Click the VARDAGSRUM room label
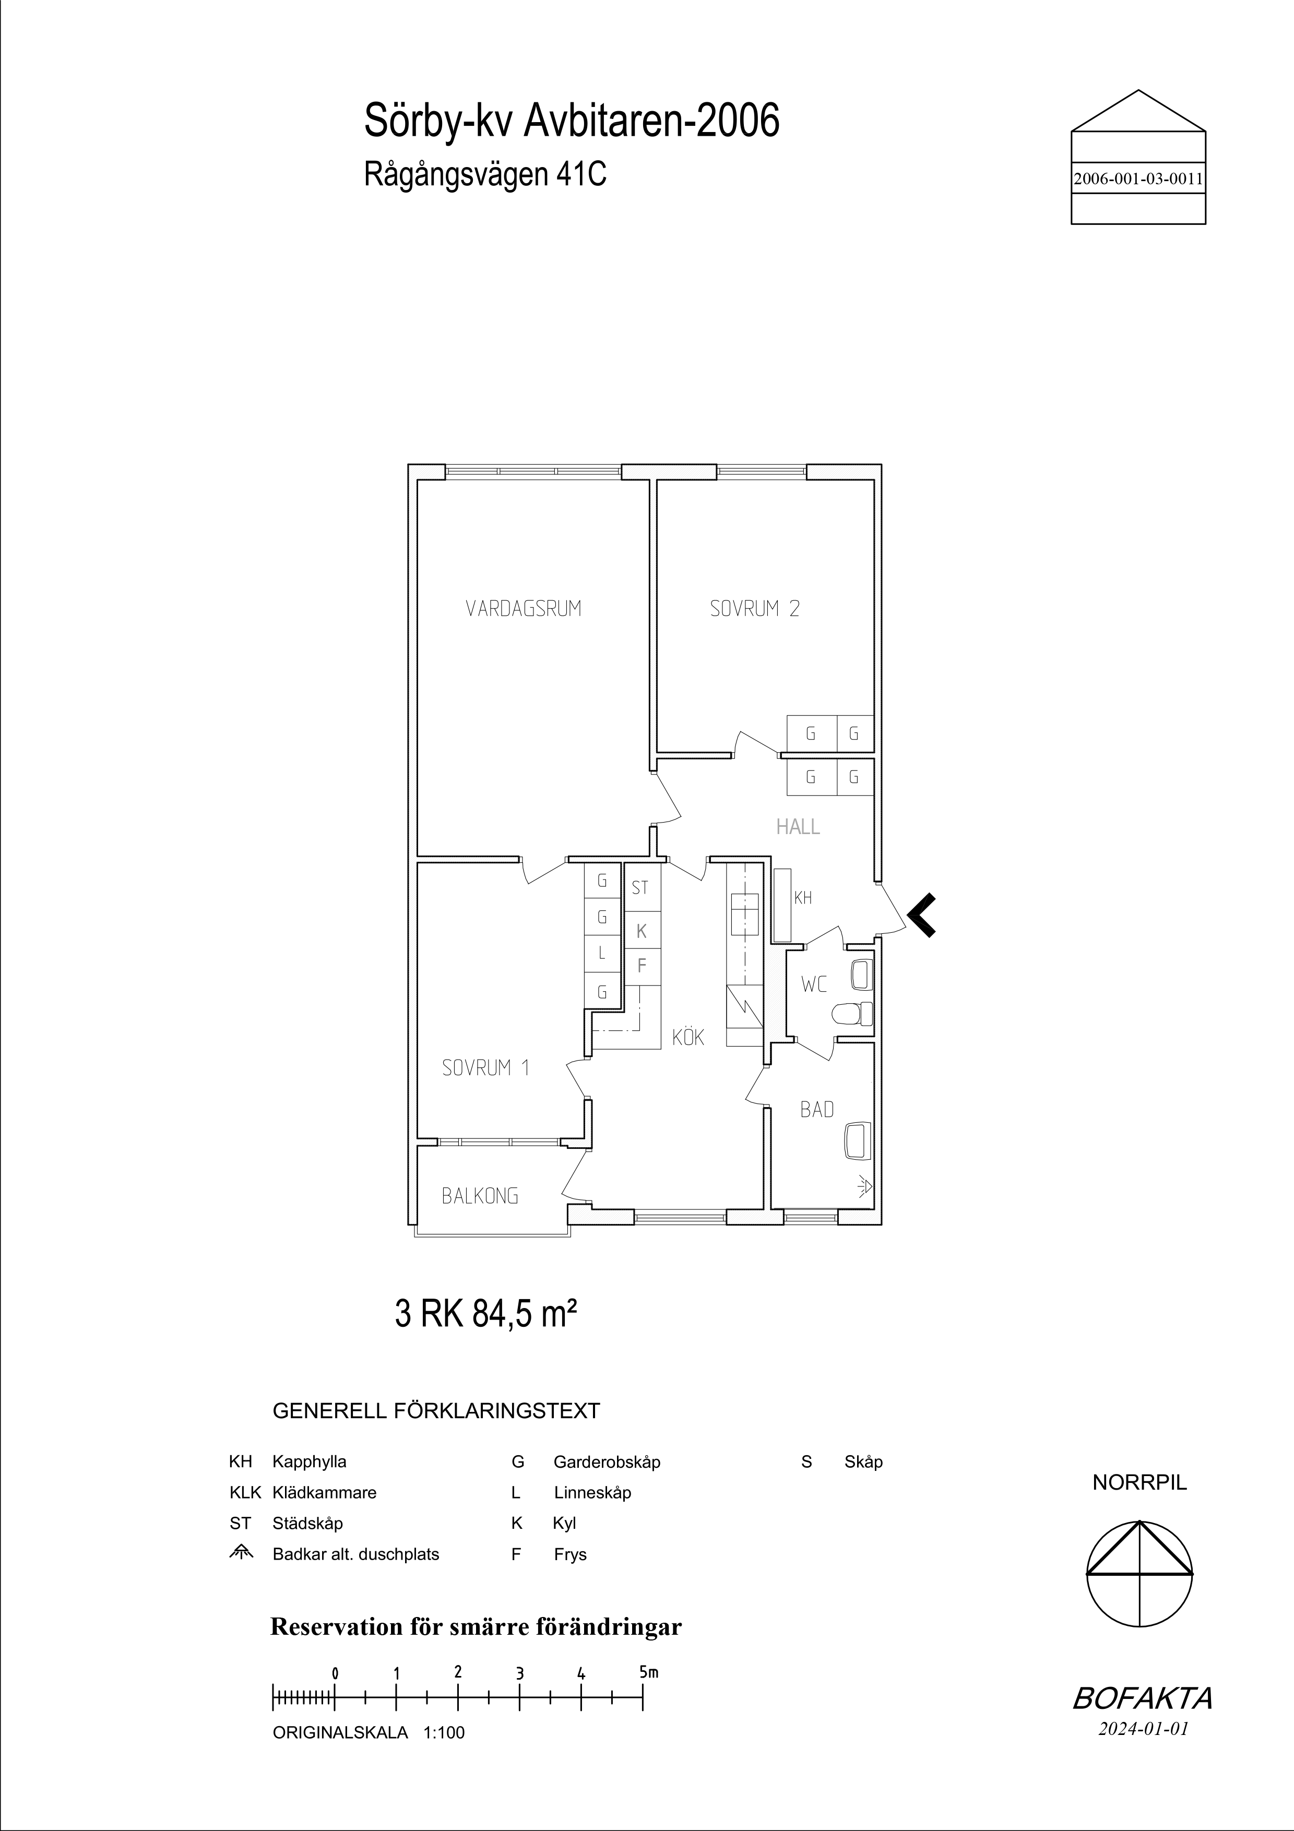(x=523, y=609)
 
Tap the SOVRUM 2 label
(x=754, y=609)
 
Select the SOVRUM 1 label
(x=485, y=1068)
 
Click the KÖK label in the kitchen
(x=688, y=1036)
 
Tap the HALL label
(x=798, y=827)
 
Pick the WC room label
(x=814, y=985)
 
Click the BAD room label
(x=817, y=1109)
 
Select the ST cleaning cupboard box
(x=642, y=887)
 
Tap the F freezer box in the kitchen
(x=642, y=966)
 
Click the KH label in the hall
(x=803, y=898)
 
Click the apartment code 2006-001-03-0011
(x=1138, y=180)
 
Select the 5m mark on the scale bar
(x=648, y=1672)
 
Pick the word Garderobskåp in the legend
(x=607, y=1463)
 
